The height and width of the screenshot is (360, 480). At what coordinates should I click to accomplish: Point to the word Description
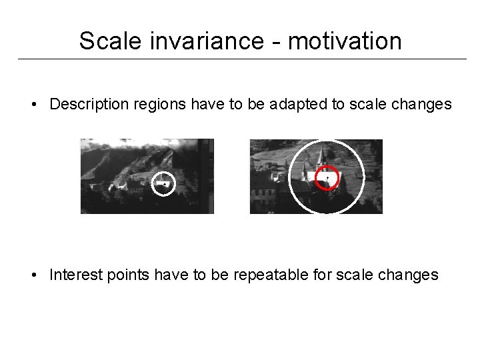[x=85, y=105]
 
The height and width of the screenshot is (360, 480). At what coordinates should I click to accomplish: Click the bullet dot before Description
[x=32, y=105]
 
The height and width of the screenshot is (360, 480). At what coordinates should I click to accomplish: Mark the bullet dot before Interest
[x=32, y=275]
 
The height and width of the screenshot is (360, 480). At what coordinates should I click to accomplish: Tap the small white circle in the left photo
[x=163, y=183]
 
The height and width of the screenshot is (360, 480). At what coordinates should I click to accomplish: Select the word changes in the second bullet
[x=406, y=275]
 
